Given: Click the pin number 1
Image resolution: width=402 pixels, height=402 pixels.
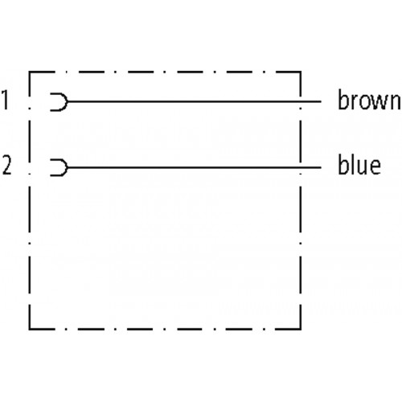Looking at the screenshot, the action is point(5,100).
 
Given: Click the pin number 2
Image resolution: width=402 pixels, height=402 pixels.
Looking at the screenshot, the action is point(7,166).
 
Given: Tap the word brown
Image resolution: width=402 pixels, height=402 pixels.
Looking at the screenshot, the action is point(369,100).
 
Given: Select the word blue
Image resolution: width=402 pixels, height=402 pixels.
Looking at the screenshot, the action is point(359,164).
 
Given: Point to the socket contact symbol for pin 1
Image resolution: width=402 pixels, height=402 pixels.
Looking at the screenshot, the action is point(67,102).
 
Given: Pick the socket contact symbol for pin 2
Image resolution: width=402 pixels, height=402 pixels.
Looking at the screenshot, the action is point(67,167).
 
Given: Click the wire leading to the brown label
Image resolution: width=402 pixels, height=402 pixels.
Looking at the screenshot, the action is point(195,102).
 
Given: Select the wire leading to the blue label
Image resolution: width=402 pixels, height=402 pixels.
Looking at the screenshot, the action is point(195,167).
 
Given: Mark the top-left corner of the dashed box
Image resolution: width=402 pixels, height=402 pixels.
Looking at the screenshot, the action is point(30,72).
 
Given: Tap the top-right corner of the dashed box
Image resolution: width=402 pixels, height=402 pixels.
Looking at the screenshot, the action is point(301,72).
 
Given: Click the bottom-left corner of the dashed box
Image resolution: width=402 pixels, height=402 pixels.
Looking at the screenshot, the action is point(30,329).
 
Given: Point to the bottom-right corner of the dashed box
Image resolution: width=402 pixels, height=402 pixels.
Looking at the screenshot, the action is point(301,329).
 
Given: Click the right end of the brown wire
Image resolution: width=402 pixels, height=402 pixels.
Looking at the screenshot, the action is point(321,102).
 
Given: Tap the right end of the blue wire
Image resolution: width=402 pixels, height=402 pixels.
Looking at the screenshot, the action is point(321,167).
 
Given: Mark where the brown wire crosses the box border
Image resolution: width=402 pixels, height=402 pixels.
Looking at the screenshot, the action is point(301,102).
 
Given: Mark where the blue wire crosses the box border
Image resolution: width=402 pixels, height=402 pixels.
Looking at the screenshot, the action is point(301,167).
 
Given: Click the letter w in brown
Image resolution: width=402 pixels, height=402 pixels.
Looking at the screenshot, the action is point(378,102).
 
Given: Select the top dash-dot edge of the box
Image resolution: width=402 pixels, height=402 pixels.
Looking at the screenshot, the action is point(165,72).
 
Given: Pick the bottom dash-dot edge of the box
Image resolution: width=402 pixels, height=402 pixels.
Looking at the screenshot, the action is point(165,329).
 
